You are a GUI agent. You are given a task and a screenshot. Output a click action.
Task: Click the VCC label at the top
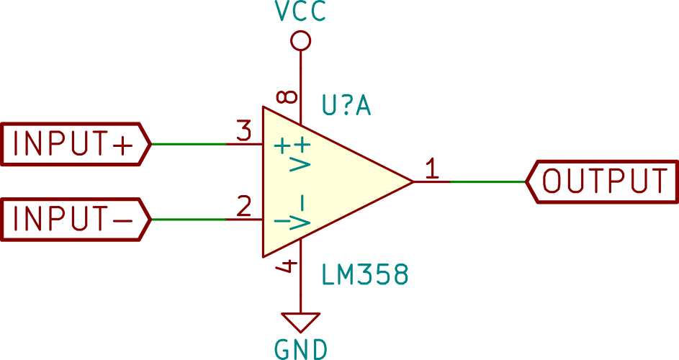click(x=300, y=12)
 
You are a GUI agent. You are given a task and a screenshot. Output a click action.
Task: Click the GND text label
click(x=301, y=349)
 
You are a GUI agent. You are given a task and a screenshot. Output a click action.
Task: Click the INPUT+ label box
click(x=76, y=144)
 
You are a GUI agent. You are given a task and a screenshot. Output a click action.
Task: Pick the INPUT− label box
click(x=76, y=219)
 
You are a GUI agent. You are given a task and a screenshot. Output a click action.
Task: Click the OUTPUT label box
click(x=603, y=181)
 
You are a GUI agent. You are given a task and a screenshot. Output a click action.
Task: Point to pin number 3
click(x=244, y=131)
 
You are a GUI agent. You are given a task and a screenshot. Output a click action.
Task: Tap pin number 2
click(x=244, y=207)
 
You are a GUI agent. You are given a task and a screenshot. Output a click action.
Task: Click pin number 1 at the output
click(x=432, y=168)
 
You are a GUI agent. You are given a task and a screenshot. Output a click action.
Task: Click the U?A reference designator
click(x=346, y=106)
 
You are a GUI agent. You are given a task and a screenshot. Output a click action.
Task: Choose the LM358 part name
click(x=364, y=274)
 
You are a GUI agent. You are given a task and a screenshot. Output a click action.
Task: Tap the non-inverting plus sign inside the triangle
click(x=282, y=146)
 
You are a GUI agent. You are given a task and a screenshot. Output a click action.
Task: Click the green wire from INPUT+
click(x=189, y=144)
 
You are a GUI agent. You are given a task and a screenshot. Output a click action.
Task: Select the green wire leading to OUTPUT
click(x=488, y=181)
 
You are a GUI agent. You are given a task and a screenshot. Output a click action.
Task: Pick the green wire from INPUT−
click(x=189, y=219)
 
